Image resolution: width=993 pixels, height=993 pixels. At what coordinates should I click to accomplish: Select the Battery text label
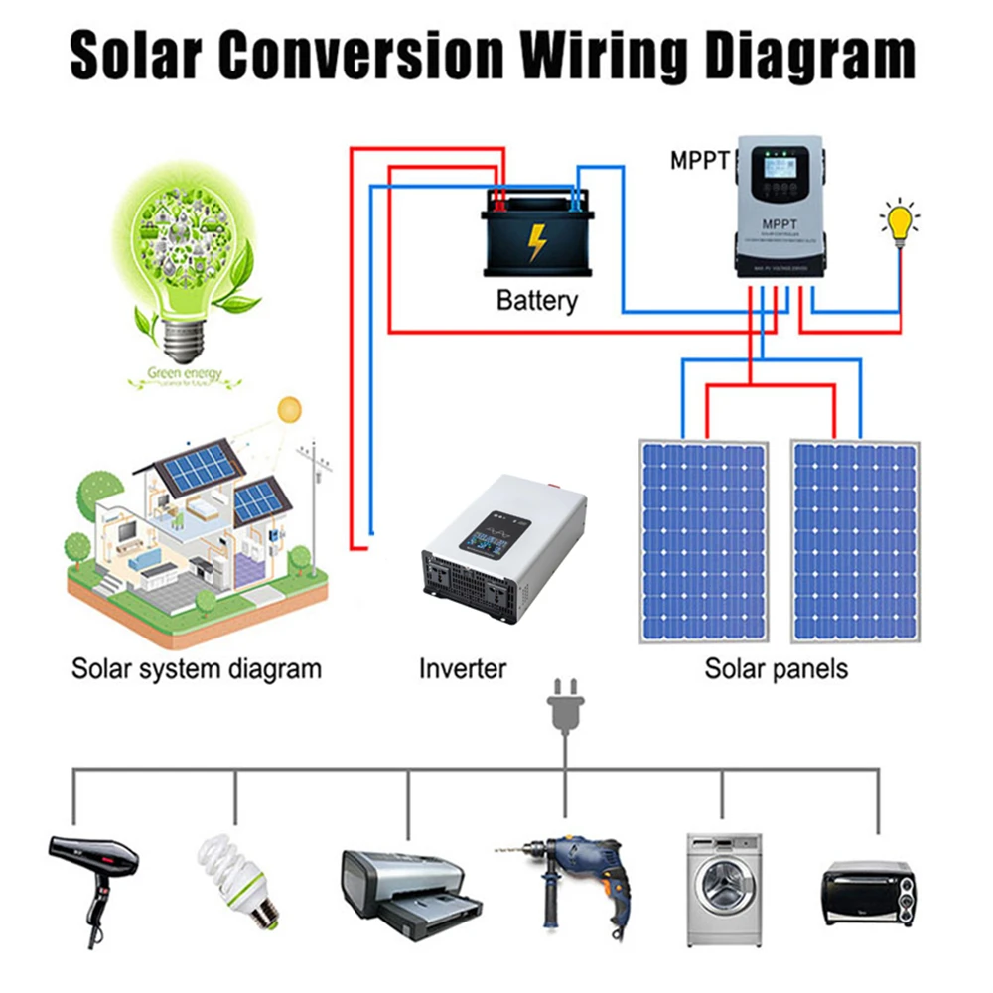pos(536,300)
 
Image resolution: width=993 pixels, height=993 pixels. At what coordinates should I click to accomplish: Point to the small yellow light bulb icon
pos(900,221)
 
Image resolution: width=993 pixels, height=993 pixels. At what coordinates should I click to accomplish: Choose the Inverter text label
pos(462,668)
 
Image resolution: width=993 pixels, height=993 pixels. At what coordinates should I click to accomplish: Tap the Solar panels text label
pos(777,668)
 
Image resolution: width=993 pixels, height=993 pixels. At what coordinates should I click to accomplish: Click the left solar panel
pos(704,541)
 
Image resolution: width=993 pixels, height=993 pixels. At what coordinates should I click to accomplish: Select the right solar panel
pos(855,541)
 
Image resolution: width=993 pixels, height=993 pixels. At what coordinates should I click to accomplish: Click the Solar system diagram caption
pos(197,668)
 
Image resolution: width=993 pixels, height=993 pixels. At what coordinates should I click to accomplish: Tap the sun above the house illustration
pos(289,408)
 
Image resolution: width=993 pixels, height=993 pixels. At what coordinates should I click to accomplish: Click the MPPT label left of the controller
pos(700,160)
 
